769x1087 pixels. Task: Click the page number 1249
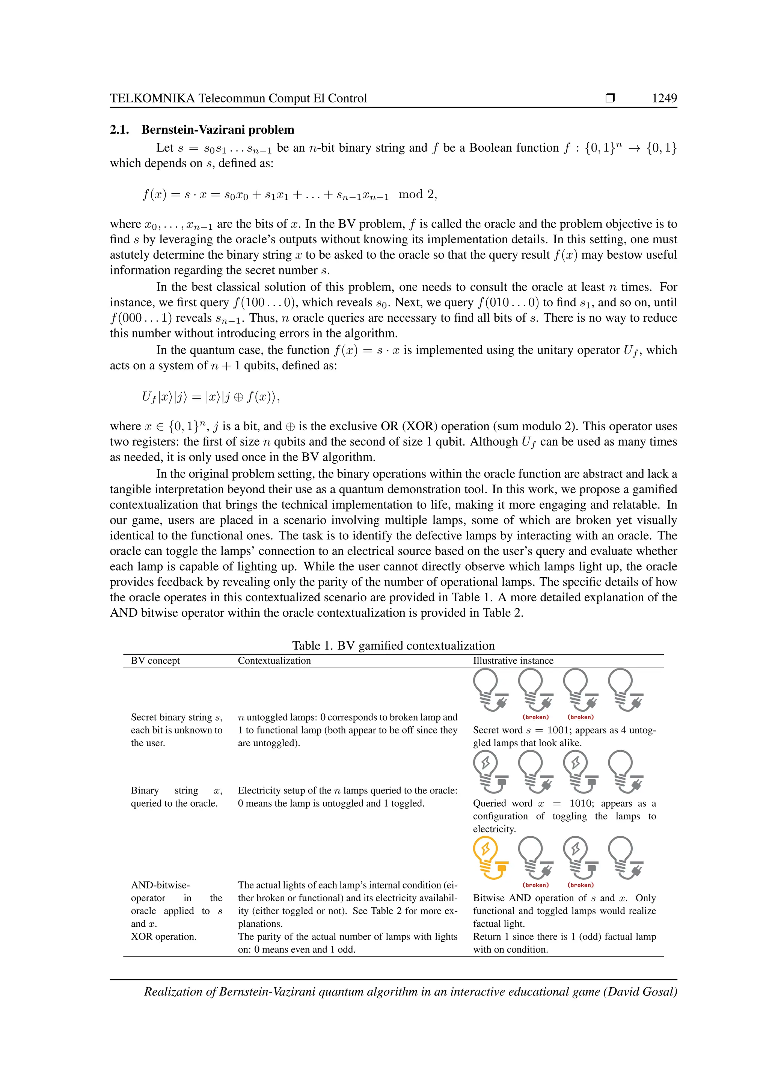coord(664,98)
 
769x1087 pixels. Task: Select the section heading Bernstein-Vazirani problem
coord(217,130)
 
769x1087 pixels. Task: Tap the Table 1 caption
coord(393,645)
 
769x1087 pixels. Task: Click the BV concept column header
coord(155,661)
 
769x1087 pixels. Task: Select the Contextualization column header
coord(274,661)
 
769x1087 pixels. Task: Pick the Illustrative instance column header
coord(513,661)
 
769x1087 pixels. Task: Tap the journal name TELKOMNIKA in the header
coord(152,98)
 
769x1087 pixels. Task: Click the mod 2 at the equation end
coord(417,194)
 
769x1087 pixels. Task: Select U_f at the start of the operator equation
coord(149,397)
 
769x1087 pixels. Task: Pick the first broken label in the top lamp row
coord(535,717)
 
